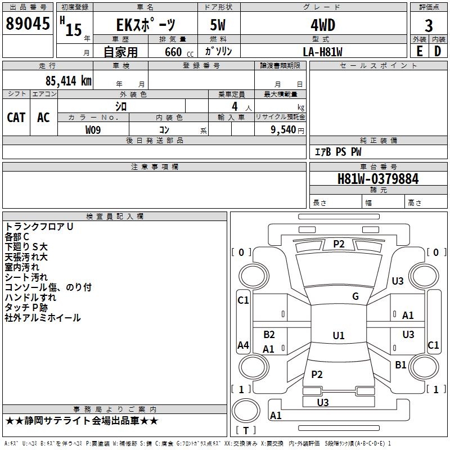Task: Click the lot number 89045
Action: point(27,24)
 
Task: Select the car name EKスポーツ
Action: point(145,25)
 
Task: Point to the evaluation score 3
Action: point(429,25)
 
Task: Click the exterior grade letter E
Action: point(419,51)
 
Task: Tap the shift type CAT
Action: point(16,117)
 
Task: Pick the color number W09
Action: point(93,130)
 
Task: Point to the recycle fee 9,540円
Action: point(287,130)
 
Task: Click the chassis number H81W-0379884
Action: point(378,179)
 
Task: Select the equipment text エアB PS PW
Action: point(337,152)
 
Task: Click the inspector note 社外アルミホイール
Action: point(43,318)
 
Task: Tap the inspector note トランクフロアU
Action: point(39,227)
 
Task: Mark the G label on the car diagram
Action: point(355,296)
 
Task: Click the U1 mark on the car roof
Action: point(338,336)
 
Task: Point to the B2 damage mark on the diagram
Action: point(269,335)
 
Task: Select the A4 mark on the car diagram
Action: point(243,345)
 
